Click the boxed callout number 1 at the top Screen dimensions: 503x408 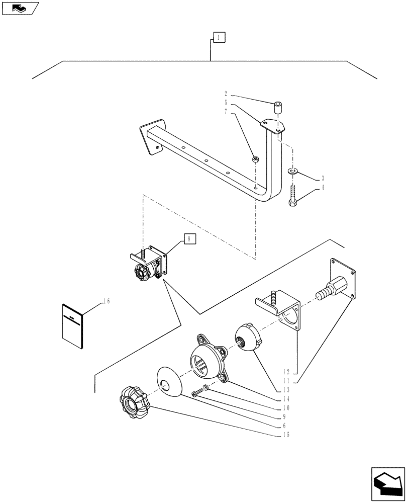point(219,37)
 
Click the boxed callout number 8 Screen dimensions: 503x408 point(188,239)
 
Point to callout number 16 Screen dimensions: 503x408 point(106,301)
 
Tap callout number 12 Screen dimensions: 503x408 point(286,372)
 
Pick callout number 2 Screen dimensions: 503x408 point(226,94)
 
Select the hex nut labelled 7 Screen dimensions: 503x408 point(255,160)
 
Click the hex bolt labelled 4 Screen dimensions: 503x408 point(293,196)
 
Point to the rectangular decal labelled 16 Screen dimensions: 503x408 point(72,326)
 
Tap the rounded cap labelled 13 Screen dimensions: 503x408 point(247,337)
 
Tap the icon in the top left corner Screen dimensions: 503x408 point(20,8)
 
